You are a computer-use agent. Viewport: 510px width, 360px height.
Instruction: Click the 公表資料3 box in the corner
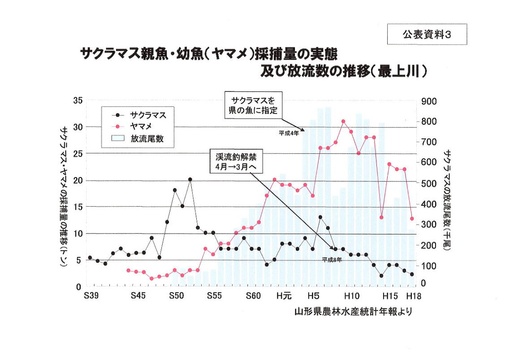pyautogui.click(x=421, y=34)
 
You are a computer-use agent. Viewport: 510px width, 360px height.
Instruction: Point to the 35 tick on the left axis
pyautogui.click(x=78, y=101)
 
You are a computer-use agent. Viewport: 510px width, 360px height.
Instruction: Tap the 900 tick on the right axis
pyautogui.click(x=429, y=101)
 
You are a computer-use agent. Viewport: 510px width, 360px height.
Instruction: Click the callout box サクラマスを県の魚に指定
pyautogui.click(x=254, y=105)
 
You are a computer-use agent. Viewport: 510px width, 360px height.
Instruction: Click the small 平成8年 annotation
pyautogui.click(x=332, y=260)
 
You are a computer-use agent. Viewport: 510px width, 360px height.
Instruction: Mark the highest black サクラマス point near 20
pyautogui.click(x=190, y=179)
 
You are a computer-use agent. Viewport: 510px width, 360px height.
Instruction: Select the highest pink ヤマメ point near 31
pyautogui.click(x=343, y=121)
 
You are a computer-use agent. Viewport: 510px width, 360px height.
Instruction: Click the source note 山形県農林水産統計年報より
pyautogui.click(x=353, y=312)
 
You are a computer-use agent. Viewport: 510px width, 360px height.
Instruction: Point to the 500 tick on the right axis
pyautogui.click(x=429, y=183)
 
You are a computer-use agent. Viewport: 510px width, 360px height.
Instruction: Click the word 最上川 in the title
pyautogui.click(x=399, y=72)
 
